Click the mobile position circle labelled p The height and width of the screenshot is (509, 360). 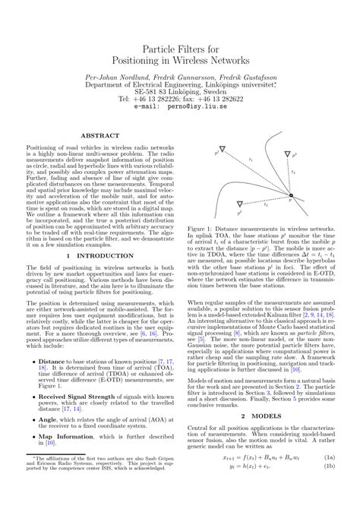290,200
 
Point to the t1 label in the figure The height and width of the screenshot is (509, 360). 251,161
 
